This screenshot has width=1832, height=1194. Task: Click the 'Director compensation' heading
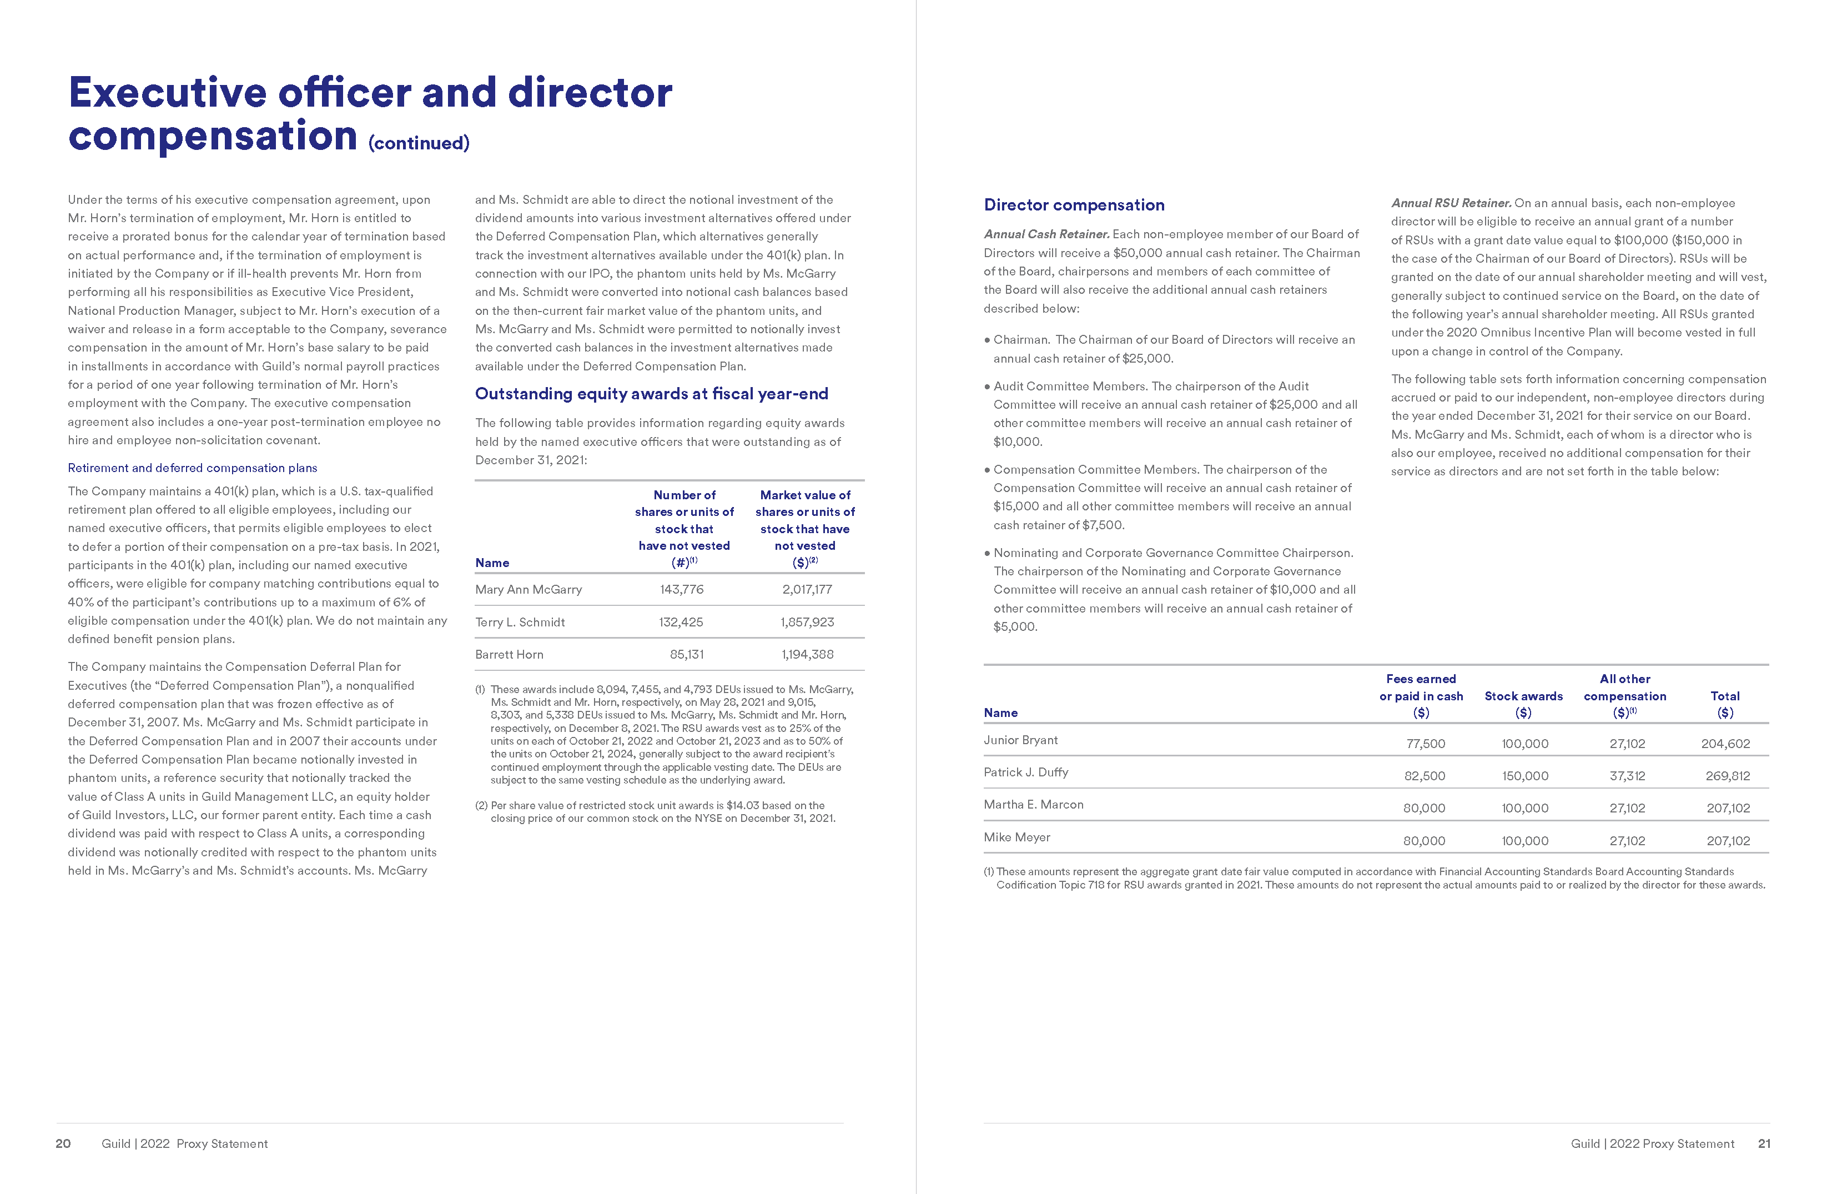pyautogui.click(x=1074, y=205)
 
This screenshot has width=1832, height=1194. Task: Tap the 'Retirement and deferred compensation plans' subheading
pyautogui.click(x=193, y=468)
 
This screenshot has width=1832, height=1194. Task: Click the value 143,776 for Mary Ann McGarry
pyautogui.click(x=681, y=590)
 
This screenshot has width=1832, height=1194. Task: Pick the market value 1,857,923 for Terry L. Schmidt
pyautogui.click(x=807, y=622)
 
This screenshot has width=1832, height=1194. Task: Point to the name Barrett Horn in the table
pyautogui.click(x=509, y=654)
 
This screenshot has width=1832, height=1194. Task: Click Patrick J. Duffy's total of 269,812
pyautogui.click(x=1727, y=776)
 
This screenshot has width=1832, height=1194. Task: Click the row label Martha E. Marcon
pyautogui.click(x=1033, y=805)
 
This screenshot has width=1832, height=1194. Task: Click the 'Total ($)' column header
pyautogui.click(x=1725, y=704)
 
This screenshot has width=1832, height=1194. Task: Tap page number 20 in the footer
pyautogui.click(x=63, y=1143)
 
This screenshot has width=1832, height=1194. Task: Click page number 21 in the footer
pyautogui.click(x=1764, y=1143)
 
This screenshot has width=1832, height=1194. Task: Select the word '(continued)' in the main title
pyautogui.click(x=419, y=143)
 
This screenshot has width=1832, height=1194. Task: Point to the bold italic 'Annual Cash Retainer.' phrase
pyautogui.click(x=1046, y=234)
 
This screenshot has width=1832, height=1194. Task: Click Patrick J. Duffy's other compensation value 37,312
pyautogui.click(x=1627, y=776)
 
